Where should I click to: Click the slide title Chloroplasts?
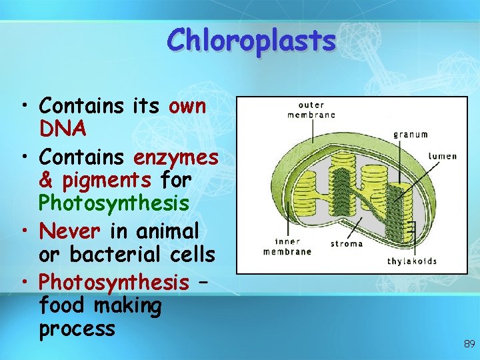click(251, 41)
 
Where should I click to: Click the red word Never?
click(70, 231)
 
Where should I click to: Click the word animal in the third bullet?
click(168, 231)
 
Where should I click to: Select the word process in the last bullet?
click(77, 329)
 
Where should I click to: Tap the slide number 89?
click(469, 344)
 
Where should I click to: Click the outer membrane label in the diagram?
click(311, 110)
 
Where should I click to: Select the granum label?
click(410, 134)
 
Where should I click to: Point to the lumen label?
click(443, 156)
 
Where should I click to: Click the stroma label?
click(347, 244)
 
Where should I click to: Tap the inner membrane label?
click(287, 247)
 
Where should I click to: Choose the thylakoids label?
click(412, 261)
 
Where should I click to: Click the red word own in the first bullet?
click(188, 106)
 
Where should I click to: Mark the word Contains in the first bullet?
click(81, 106)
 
